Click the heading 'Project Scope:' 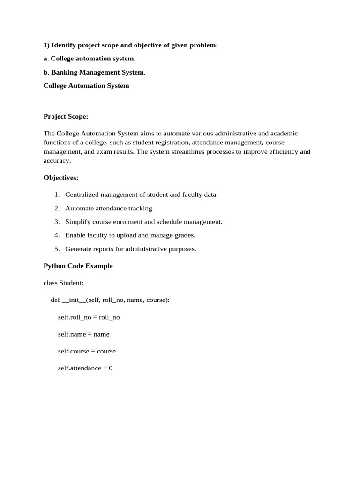pos(66,117)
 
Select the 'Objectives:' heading pos(61,178)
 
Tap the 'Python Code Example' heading pos(78,266)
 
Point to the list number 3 pos(57,222)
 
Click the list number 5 pos(57,249)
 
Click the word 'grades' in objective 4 pos(184,235)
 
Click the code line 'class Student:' pos(63,283)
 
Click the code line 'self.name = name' pos(83,334)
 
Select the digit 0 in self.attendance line pos(111,368)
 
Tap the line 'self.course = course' pos(87,351)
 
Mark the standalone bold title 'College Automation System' pos(86,86)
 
